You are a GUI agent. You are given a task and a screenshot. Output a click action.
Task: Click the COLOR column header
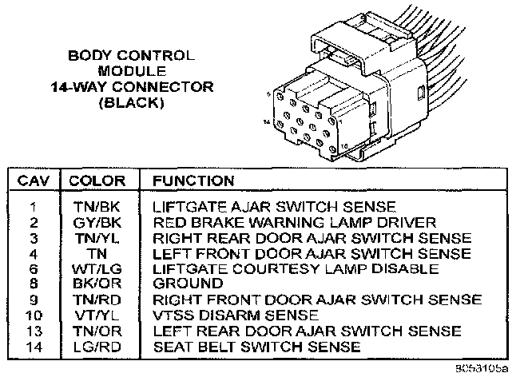pyautogui.click(x=97, y=181)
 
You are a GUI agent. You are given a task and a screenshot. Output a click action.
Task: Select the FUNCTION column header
pyautogui.click(x=193, y=181)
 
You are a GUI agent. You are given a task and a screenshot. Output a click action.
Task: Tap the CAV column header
pyautogui.click(x=35, y=181)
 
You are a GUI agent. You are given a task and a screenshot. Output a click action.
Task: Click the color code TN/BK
pyautogui.click(x=97, y=207)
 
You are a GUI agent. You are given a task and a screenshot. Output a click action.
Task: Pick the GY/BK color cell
pyautogui.click(x=97, y=222)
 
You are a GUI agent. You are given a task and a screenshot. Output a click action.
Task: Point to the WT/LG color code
pyautogui.click(x=97, y=269)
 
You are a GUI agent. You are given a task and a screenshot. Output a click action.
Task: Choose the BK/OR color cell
pyautogui.click(x=97, y=284)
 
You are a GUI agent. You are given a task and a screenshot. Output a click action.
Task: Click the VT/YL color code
pyautogui.click(x=97, y=315)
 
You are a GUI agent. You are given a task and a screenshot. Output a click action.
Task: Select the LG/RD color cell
pyautogui.click(x=97, y=347)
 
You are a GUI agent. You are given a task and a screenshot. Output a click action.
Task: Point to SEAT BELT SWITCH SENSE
pyautogui.click(x=256, y=347)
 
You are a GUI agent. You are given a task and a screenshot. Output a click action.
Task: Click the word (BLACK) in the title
pyautogui.click(x=130, y=104)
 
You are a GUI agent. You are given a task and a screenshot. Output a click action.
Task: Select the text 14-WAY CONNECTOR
pyautogui.click(x=130, y=88)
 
